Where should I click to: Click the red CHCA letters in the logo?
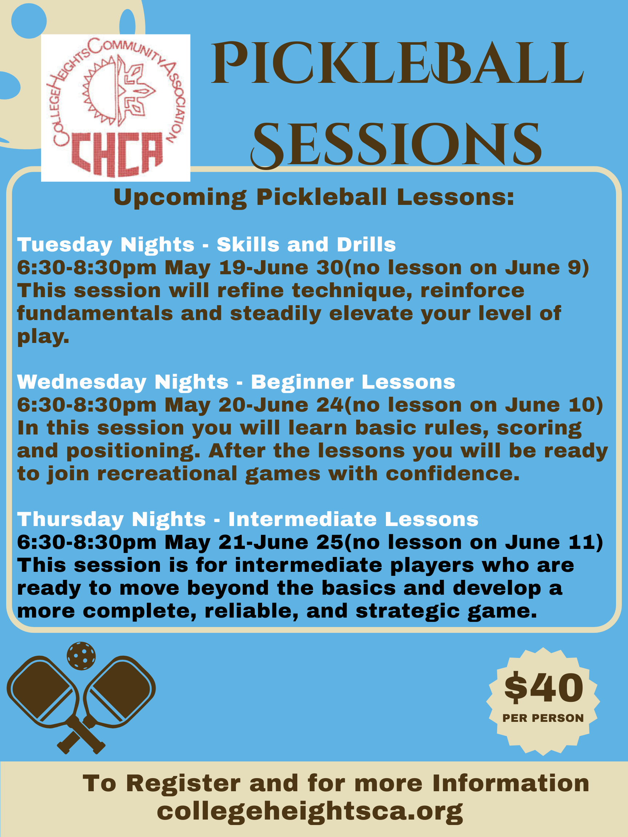pyautogui.click(x=117, y=154)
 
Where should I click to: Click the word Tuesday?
pyautogui.click(x=64, y=245)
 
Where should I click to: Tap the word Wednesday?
pyautogui.click(x=81, y=382)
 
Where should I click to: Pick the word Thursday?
pyautogui.click(x=70, y=519)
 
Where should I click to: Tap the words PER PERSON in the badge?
pyautogui.click(x=543, y=718)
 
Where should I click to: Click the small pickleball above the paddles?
pyautogui.click(x=81, y=656)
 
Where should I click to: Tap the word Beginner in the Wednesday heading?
pyautogui.click(x=302, y=382)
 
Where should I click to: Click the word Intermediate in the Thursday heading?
pyautogui.click(x=302, y=519)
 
